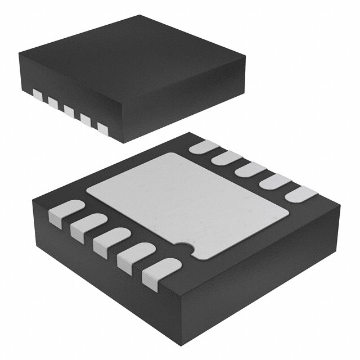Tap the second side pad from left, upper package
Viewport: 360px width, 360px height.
[x=53, y=102]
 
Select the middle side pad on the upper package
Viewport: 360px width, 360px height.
[x=69, y=110]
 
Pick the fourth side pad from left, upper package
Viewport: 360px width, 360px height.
[x=85, y=119]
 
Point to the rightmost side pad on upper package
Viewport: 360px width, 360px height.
[x=102, y=128]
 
